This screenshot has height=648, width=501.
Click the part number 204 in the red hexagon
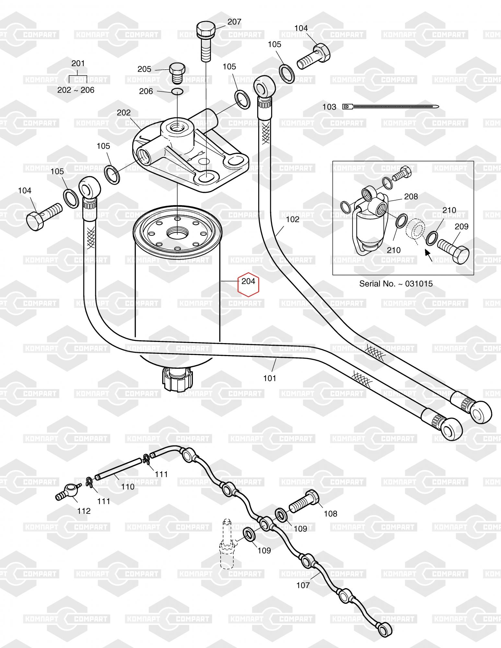tap(249, 281)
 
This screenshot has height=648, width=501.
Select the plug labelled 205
tap(177, 73)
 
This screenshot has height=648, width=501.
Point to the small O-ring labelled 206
tap(178, 91)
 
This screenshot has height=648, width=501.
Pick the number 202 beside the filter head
tap(123, 113)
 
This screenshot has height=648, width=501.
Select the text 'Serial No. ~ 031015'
tap(396, 284)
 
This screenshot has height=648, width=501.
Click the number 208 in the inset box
tap(411, 196)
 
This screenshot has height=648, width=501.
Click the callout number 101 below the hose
tap(270, 378)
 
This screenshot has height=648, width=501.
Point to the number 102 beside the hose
tap(293, 219)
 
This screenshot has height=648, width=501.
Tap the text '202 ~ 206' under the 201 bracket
tap(76, 90)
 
